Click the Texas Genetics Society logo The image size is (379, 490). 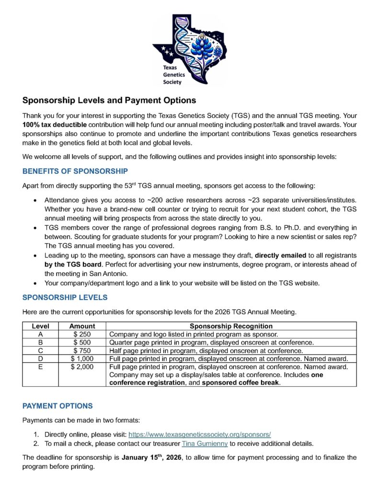tap(189, 49)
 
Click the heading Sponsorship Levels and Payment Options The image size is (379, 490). tap(109, 100)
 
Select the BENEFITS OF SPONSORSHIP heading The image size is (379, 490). tap(75, 171)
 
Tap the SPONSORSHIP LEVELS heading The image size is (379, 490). tap(65, 297)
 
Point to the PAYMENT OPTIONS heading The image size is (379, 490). tap(57, 406)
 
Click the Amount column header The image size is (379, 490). tap(82, 326)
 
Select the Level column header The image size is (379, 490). tap(41, 326)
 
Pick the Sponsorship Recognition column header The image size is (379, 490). tap(231, 326)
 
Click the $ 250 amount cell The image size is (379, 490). tap(82, 334)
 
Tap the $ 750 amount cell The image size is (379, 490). tap(82, 351)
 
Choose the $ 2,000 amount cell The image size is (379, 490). tap(82, 367)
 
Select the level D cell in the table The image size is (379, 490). tap(41, 359)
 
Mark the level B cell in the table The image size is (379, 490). tap(41, 342)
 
